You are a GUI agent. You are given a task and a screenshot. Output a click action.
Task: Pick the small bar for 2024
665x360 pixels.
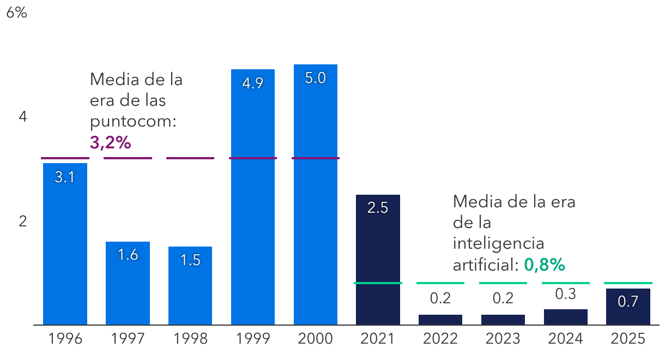pos(565,317)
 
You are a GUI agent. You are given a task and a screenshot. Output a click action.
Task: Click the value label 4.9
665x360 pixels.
pos(252,84)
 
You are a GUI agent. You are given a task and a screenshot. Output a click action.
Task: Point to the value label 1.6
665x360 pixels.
pos(128,255)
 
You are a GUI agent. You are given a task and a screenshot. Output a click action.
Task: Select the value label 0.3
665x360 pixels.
pos(565,294)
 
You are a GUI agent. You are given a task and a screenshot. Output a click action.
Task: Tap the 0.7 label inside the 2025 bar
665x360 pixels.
pos(628,302)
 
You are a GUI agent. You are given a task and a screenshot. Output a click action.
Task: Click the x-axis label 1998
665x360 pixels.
pos(190,339)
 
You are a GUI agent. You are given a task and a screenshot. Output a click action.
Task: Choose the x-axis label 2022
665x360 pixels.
pos(440,339)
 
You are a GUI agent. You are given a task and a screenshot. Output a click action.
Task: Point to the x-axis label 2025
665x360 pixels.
pos(628,339)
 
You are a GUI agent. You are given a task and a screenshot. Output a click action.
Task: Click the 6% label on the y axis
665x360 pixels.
pos(16,13)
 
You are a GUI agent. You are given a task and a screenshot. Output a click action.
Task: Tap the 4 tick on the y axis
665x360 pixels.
pos(23,117)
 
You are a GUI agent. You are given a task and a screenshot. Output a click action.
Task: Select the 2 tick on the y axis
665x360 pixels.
pos(23,221)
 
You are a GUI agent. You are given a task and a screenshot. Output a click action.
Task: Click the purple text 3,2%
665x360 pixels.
pos(111,143)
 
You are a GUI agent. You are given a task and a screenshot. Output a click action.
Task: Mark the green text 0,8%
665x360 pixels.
pos(544,265)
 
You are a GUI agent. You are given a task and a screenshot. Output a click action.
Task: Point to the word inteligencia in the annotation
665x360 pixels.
pos(498,243)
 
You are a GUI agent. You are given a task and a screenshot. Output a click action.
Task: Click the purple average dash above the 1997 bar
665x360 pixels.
pos(128,158)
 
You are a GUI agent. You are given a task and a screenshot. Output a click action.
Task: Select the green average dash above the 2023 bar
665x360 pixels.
pos(503,283)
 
